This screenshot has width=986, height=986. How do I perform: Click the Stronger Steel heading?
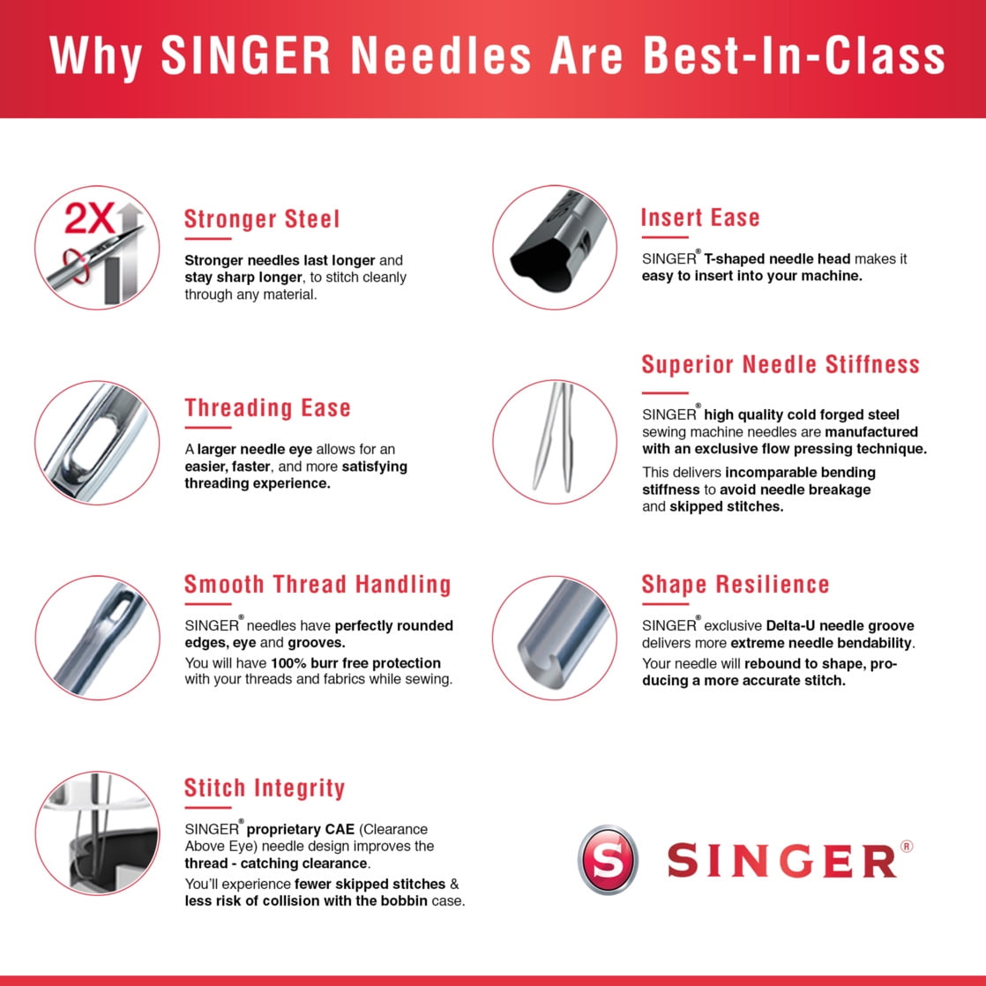262,220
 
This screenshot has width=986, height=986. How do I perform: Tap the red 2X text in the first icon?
90,218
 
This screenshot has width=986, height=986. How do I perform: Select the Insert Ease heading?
700,218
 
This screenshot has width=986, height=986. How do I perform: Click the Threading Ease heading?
267,408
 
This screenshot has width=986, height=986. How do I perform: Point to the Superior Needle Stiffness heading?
781,365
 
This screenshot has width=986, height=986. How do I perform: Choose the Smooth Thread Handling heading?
317,584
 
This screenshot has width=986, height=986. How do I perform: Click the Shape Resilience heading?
736,585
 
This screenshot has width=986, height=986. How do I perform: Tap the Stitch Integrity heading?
265,788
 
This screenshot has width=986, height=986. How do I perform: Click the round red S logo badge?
608,860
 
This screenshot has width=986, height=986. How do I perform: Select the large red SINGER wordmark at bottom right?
782,860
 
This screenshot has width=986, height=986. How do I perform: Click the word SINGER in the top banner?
246,56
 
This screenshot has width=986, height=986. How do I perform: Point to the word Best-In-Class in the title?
795,56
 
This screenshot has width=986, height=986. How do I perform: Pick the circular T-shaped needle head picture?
555,248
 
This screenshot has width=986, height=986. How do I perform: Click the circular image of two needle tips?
555,442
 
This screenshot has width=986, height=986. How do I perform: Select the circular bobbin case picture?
98,833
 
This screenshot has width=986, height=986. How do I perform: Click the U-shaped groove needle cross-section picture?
555,638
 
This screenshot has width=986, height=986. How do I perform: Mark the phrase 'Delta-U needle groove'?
840,625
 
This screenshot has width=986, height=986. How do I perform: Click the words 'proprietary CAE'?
301,829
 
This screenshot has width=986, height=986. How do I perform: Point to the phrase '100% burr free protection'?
356,663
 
